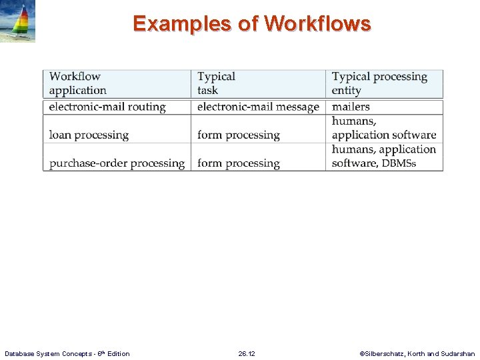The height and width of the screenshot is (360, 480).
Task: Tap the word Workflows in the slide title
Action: coord(317,24)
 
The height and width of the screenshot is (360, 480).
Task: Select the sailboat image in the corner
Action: coord(17,21)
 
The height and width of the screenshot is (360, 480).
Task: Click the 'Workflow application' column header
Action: coord(78,83)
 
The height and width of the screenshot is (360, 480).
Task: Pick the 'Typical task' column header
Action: coord(216,83)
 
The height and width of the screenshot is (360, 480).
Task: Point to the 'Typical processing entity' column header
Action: coord(379,83)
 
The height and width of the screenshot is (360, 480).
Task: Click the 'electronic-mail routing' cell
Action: coord(107,107)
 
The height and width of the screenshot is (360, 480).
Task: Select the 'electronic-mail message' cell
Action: coord(258,107)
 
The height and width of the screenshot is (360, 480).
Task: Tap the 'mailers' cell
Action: coord(351,107)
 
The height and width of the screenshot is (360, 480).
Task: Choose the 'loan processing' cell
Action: coord(89,135)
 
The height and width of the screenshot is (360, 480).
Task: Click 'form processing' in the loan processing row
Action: coord(238,135)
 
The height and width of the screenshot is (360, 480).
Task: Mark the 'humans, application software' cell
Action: coord(383,128)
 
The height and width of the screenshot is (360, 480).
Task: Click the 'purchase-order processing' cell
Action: coord(117,163)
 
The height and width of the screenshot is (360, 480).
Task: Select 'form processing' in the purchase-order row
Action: coord(238,163)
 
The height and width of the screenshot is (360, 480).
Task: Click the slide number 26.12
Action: coord(247,353)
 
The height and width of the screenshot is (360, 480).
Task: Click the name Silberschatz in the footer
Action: coord(386,353)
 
